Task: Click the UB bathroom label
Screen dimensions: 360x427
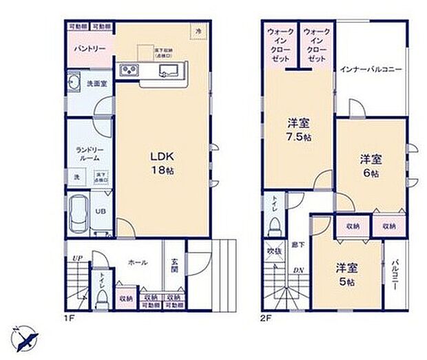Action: pos(100,211)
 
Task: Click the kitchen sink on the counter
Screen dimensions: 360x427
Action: pos(169,71)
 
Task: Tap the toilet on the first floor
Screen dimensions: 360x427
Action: pos(101,295)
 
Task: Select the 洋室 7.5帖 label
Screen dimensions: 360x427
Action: pos(298,129)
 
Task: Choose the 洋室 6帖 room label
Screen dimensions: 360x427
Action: pos(371,165)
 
